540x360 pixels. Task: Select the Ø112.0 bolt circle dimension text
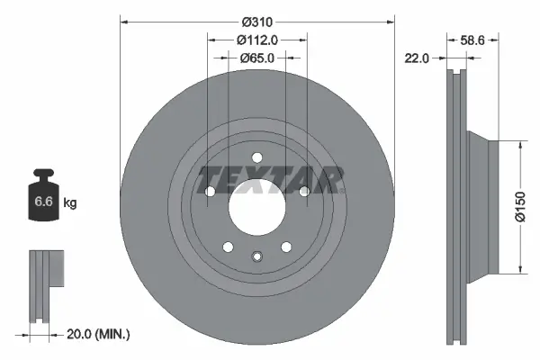[257, 39]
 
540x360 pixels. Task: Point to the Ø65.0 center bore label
[257, 58]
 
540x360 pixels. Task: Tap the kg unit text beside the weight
[70, 203]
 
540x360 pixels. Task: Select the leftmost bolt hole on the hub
[210, 191]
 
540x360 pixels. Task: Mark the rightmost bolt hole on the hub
[304, 191]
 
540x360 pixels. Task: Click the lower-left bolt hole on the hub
[228, 247]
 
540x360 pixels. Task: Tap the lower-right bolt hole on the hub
[286, 247]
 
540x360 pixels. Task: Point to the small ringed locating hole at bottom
[257, 257]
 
